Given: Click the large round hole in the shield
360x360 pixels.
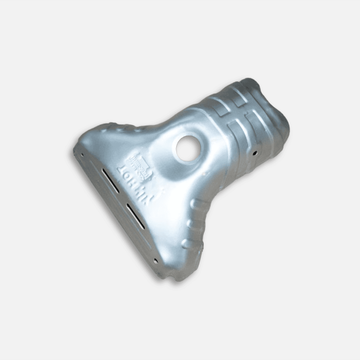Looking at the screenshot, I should (x=188, y=148).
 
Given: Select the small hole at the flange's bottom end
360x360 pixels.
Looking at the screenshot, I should (x=155, y=261).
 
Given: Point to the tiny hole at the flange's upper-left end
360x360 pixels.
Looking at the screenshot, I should (x=82, y=155).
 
